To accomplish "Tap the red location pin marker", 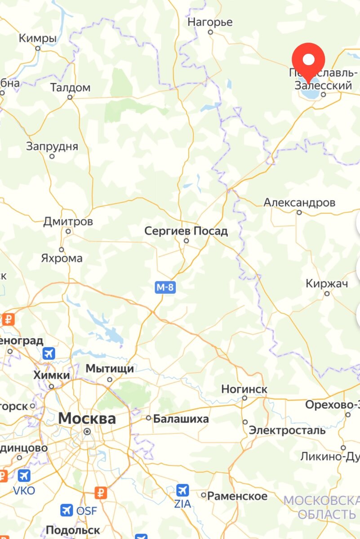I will point(308,61).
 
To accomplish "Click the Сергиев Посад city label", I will point(186,231).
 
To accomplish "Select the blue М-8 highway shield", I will point(165,287).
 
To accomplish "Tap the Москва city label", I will point(87,419).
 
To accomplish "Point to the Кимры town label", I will point(38,39).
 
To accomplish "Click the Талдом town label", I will point(70,88).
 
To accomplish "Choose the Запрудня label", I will point(52,146).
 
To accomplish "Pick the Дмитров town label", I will point(68,221).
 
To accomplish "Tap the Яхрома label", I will point(62,258).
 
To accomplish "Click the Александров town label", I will point(299,203).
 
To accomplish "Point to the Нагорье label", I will point(210,22).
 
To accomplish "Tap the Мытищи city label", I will point(110,369).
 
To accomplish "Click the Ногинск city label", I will point(244,389).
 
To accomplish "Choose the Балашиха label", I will point(181,419).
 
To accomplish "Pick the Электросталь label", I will point(288,430).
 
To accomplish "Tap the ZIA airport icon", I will point(182,490).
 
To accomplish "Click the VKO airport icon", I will point(24,476).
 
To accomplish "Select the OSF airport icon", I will point(67,510).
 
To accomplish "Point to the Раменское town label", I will point(237,496).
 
